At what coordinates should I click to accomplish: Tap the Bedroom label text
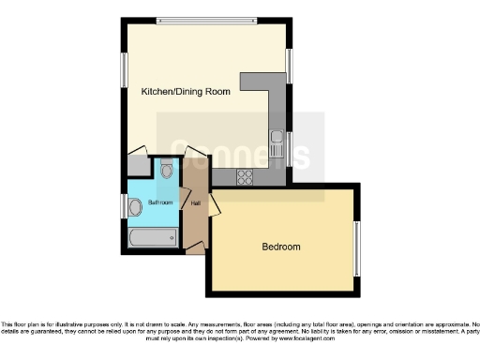coord(280,247)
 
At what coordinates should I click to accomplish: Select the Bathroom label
coord(161,202)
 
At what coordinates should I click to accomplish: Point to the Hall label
coord(196,202)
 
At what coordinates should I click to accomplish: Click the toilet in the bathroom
coord(166,170)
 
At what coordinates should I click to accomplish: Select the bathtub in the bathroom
coord(152,238)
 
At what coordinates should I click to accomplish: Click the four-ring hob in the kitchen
coord(247,175)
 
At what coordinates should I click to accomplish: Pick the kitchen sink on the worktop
coord(275,144)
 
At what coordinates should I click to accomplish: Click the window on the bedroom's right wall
coord(354,248)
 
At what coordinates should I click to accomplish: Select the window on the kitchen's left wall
coord(124,69)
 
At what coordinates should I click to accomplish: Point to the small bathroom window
coord(124,205)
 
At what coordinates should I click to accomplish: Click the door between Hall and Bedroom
coord(213,202)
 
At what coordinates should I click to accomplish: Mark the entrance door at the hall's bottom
coord(196,249)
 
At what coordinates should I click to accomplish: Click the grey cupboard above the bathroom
coord(138,166)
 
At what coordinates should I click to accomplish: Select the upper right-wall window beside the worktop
coord(288,67)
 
